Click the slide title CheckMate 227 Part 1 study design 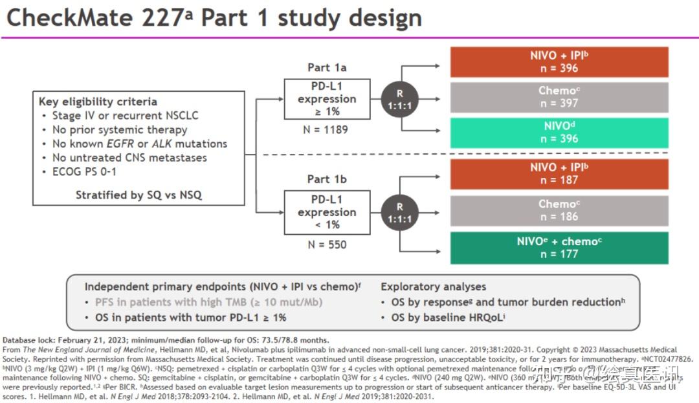coord(214,18)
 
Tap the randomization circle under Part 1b coord(399,212)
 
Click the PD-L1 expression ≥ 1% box coord(327,99)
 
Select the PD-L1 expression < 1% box coord(327,212)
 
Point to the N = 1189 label coord(327,129)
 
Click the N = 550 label coord(327,245)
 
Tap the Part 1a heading coord(327,68)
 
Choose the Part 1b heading coord(327,181)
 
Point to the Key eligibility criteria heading coord(98,102)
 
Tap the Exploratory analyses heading coord(433,287)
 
